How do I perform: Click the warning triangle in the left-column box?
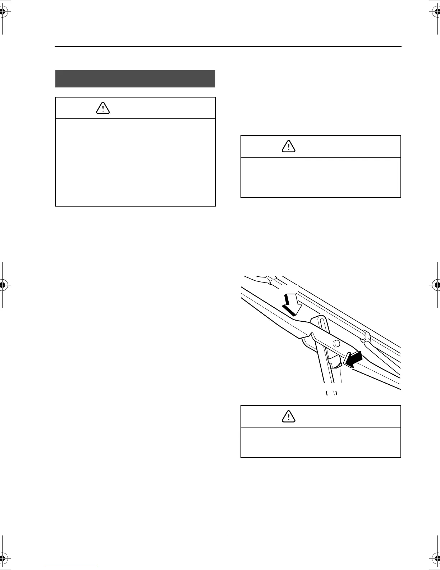[103, 108]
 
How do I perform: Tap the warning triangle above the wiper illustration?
[289, 146]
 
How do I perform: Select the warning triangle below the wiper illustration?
[289, 416]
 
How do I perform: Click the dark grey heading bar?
[135, 78]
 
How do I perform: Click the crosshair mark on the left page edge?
[3, 285]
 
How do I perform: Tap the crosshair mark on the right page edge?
[436, 285]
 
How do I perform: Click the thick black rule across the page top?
[228, 46]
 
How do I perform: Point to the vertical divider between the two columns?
[228, 299]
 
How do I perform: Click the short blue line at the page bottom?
[71, 567]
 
